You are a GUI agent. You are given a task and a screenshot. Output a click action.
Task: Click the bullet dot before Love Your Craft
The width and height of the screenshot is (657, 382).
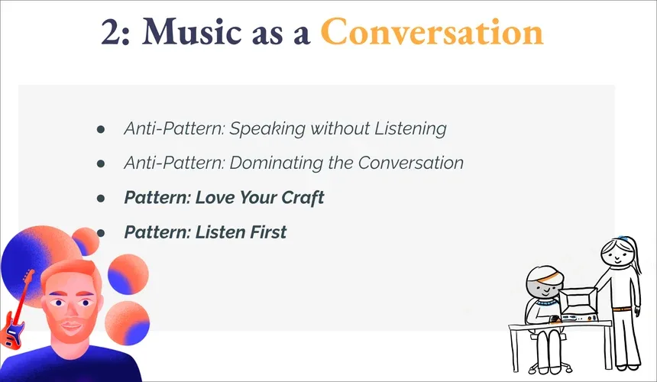(x=101, y=198)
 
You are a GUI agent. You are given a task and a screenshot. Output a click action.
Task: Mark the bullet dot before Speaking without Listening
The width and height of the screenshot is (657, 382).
(x=101, y=129)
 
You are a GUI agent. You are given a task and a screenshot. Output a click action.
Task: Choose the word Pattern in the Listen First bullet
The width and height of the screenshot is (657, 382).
(x=155, y=231)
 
